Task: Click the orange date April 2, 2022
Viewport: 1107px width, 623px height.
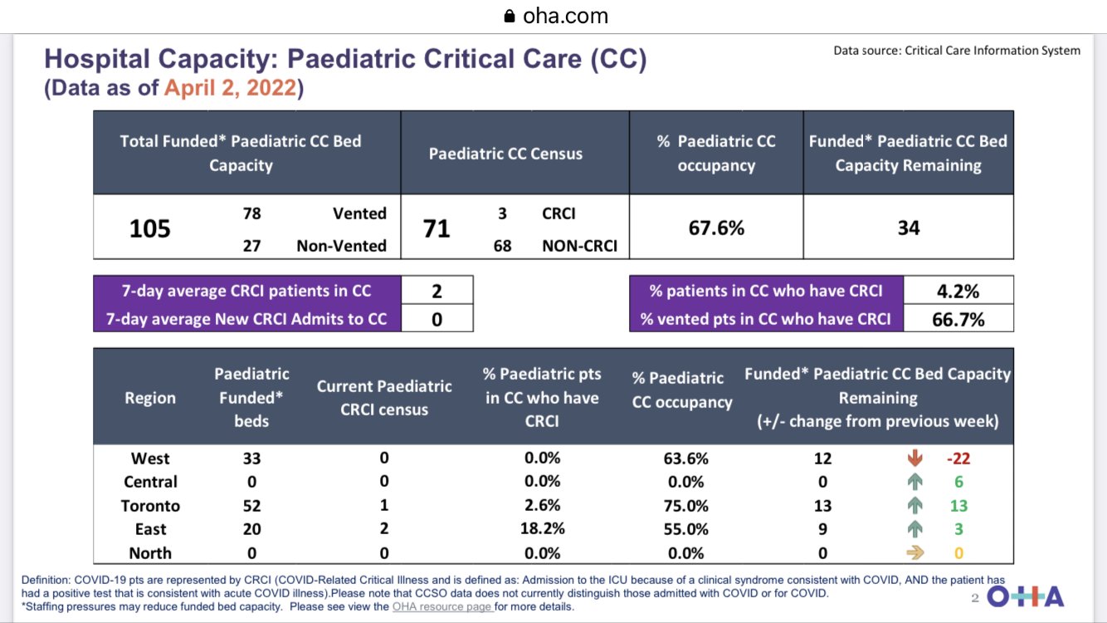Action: (230, 87)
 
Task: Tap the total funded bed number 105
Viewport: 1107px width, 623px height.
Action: (150, 228)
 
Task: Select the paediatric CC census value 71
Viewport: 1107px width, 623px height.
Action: (436, 228)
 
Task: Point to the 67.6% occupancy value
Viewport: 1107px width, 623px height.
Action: (716, 228)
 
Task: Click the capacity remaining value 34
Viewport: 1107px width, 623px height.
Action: (909, 228)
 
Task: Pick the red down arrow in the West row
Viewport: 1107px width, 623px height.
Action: (915, 458)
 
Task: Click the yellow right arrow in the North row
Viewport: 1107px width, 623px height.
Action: (915, 552)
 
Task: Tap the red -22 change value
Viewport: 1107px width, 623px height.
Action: (959, 458)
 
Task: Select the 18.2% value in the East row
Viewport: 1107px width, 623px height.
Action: (542, 529)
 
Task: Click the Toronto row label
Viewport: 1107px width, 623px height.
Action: (150, 505)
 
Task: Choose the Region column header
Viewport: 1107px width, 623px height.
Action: (150, 398)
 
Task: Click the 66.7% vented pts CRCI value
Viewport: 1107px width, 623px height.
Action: (958, 318)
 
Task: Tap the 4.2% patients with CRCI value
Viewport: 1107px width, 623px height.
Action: (958, 291)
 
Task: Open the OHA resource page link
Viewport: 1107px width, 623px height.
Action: (442, 606)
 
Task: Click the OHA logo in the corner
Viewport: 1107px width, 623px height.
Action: (1026, 597)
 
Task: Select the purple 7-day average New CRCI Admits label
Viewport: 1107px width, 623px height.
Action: (246, 318)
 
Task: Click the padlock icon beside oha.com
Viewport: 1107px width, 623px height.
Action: (510, 16)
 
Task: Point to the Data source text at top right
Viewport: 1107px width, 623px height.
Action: (957, 51)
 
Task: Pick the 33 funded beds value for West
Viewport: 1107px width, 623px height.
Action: (251, 458)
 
